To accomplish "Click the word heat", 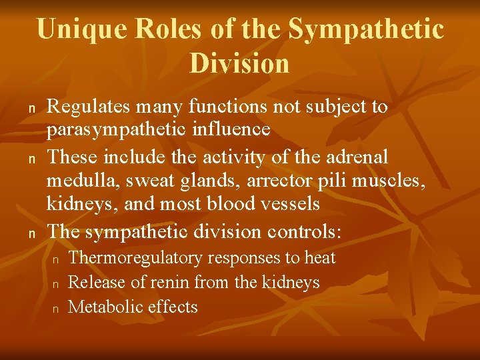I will tap(320, 257).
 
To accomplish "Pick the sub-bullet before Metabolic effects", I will tap(57, 308).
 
